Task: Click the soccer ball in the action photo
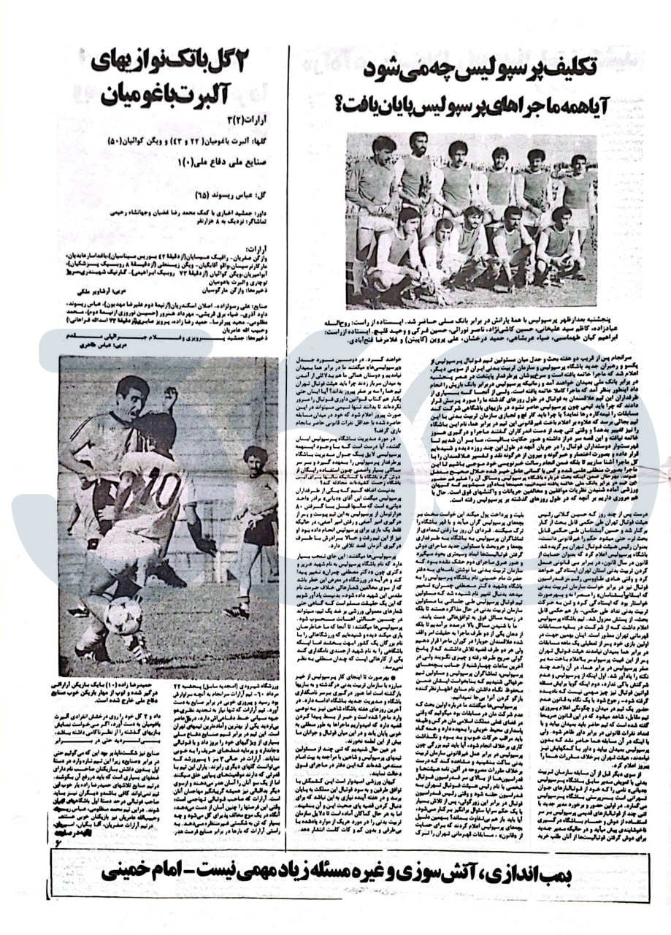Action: pos(125,614)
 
